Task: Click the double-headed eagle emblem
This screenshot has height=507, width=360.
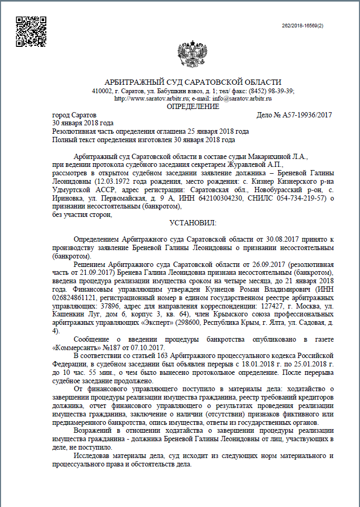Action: (193, 52)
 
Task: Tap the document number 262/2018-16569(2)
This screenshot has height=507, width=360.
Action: (303, 25)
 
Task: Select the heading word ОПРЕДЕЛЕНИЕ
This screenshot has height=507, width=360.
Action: (193, 106)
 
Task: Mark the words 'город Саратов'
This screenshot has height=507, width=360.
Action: (74, 115)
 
